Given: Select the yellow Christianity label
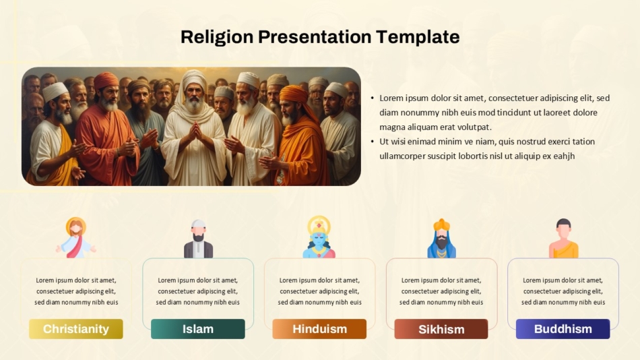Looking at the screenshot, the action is [76, 329].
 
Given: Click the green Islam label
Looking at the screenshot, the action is [198, 329].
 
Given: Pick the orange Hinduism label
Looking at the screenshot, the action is [319, 329].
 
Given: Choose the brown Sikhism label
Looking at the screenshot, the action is [441, 329].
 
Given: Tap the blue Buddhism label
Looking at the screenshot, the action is [563, 329].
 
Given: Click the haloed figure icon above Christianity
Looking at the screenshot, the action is [76, 237].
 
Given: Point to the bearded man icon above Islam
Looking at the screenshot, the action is [198, 239].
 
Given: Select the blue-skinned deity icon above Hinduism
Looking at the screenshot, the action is [319, 237].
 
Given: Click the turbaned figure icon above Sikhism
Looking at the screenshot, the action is [442, 238].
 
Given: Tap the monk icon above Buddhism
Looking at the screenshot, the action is [563, 238].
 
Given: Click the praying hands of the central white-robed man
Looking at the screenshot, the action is [195, 131].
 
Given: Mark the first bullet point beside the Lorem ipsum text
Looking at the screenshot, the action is [373, 98].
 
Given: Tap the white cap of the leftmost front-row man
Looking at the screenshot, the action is [55, 91].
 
